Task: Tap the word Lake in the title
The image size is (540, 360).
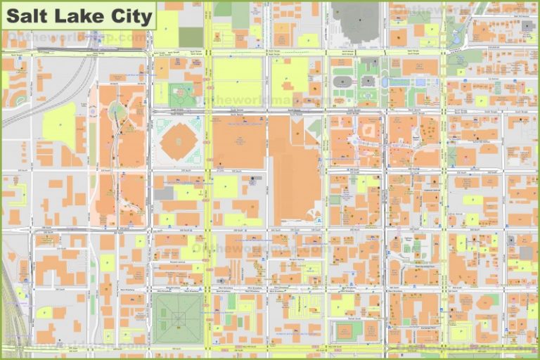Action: coord(77,15)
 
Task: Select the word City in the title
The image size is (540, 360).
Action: coord(129,15)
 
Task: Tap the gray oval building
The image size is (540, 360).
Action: coord(342,82)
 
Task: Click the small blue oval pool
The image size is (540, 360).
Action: coord(421,82)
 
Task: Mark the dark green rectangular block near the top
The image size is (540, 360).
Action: coord(191,37)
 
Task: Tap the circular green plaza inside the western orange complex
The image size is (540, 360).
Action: coord(117,111)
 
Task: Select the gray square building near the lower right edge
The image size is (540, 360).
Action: coord(526,252)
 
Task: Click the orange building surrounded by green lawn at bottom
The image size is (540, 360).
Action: coord(345,330)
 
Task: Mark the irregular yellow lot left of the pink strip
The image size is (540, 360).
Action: coord(60,127)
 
